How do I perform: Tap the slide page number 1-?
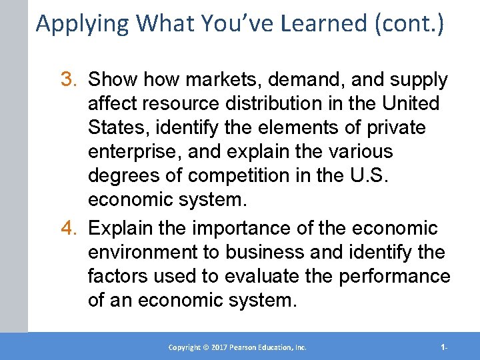tap(444, 347)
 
